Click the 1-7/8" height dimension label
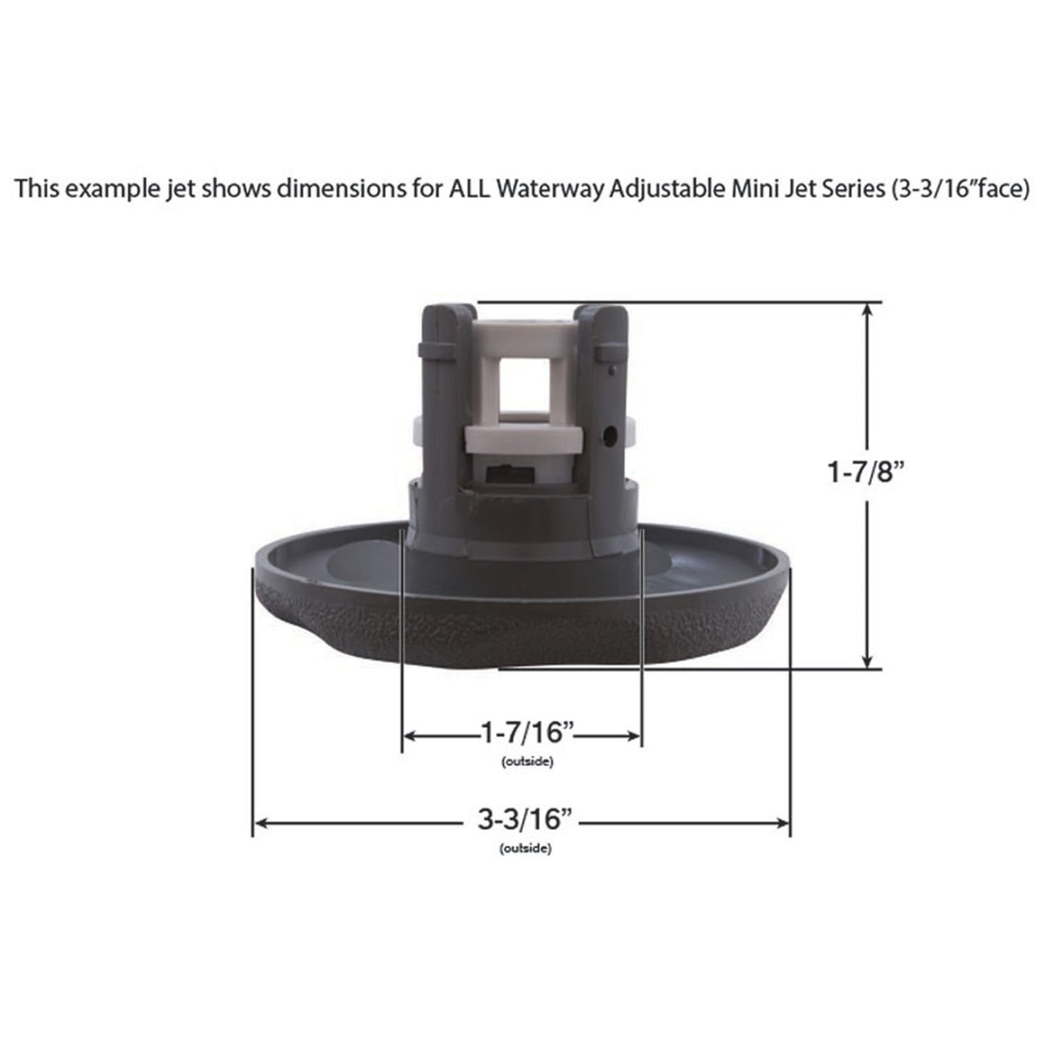coord(866,473)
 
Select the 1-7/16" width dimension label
coord(527,733)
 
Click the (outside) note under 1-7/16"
coord(526,762)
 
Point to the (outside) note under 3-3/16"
coord(525,849)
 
